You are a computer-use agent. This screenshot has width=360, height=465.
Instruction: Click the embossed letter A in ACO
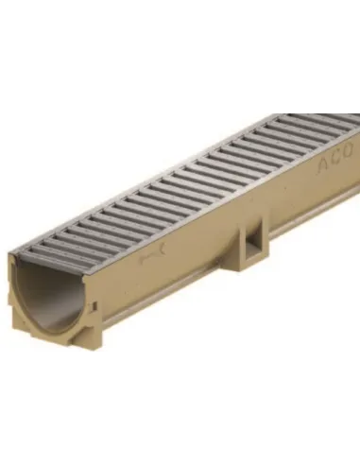pyautogui.click(x=323, y=164)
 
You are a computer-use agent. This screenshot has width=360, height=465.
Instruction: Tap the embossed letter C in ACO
pyautogui.click(x=334, y=159)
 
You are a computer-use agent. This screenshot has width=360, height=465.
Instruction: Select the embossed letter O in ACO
pyautogui.click(x=347, y=151)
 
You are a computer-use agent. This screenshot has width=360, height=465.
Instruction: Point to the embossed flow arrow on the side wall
pyautogui.click(x=152, y=254)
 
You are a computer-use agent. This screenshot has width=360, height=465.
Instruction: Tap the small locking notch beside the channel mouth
pyautogui.click(x=94, y=305)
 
